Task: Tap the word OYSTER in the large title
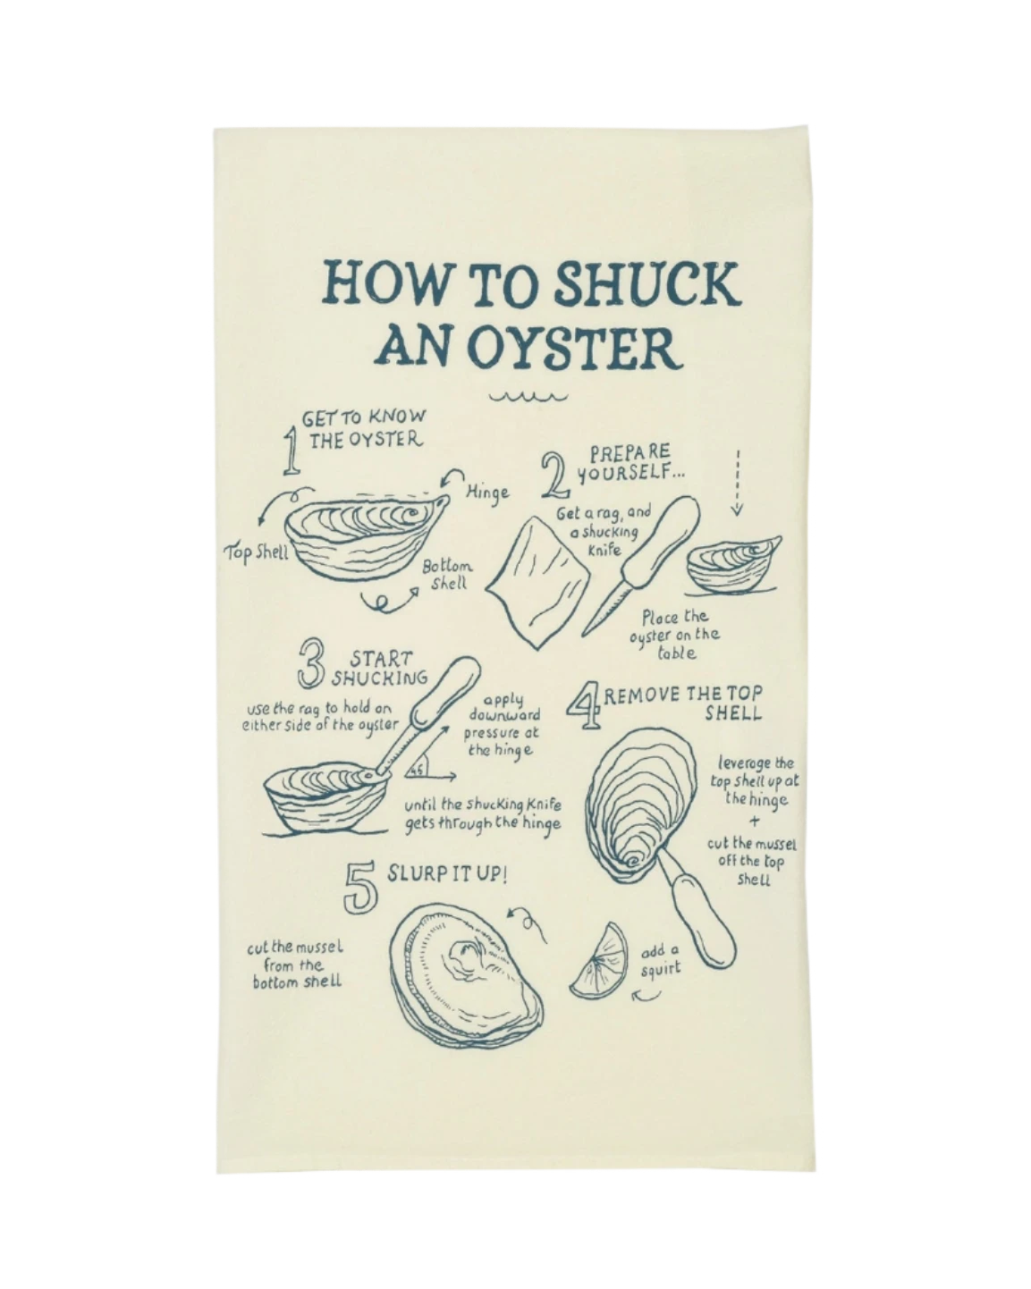tap(574, 347)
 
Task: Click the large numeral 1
tap(292, 451)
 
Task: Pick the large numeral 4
tap(584, 708)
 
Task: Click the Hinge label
tap(488, 493)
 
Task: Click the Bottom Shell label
tap(447, 575)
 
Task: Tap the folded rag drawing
tap(537, 582)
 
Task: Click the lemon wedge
tap(599, 961)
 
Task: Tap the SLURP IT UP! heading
tap(446, 874)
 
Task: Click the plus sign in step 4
tap(755, 821)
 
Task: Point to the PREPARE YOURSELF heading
tap(630, 462)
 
